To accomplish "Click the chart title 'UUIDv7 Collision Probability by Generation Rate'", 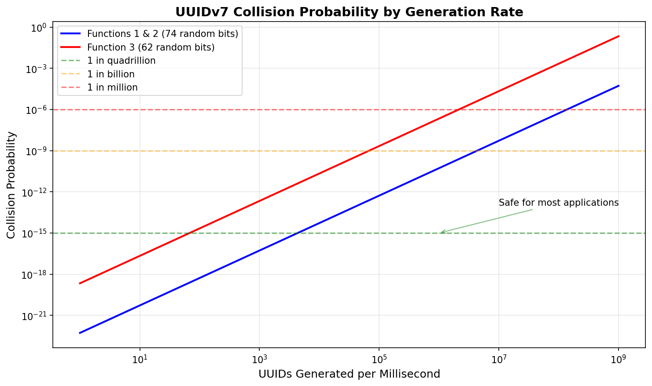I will (349, 12).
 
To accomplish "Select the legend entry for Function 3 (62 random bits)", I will (151, 47).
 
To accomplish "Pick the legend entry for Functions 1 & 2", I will (162, 34).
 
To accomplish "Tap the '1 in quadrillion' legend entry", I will (121, 61).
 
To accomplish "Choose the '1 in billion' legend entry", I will (111, 74).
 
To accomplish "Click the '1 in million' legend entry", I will (112, 87).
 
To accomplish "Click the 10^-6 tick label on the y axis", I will (37, 110).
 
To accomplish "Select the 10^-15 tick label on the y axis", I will (36, 233).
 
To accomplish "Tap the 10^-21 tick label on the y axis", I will (36, 316).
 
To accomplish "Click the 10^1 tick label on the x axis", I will (140, 360).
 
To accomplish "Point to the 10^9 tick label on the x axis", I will (619, 360).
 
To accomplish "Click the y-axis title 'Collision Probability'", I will (11, 185).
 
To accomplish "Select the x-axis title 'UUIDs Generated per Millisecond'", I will (349, 374).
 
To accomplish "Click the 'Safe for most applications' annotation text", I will (558, 203).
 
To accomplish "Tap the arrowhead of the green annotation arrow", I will (441, 233).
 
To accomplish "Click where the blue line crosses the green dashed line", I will (298, 233).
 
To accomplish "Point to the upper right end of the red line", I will (619, 36).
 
